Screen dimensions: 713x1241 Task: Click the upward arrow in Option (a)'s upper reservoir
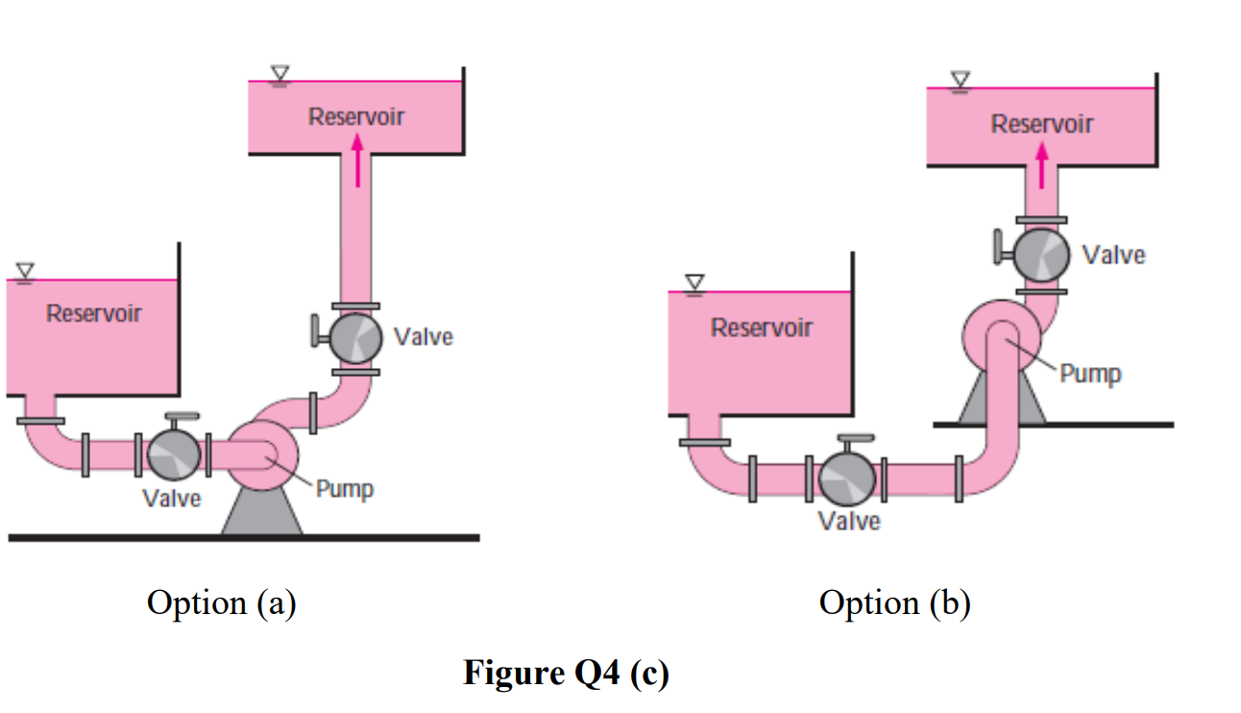click(x=356, y=160)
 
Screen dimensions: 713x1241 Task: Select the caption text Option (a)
click(x=221, y=603)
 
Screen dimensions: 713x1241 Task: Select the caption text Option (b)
click(x=894, y=603)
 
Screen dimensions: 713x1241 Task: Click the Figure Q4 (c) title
click(x=566, y=673)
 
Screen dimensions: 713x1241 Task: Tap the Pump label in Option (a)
click(x=345, y=489)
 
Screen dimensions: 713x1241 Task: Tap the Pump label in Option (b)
click(x=1090, y=373)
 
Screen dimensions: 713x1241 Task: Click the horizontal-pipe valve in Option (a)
click(x=173, y=454)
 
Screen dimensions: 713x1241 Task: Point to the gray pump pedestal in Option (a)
click(x=261, y=515)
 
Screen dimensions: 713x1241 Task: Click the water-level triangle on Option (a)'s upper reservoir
click(x=280, y=73)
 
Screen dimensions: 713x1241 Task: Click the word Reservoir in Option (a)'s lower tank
click(x=94, y=313)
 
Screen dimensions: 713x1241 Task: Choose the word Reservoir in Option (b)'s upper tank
click(x=1042, y=124)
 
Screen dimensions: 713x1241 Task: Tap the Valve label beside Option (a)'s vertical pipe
click(x=423, y=336)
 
